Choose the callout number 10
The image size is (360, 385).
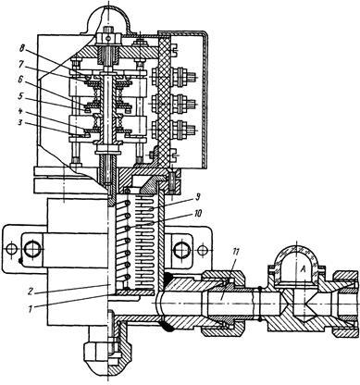pos(198,214)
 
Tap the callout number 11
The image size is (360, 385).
pos(236,253)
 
